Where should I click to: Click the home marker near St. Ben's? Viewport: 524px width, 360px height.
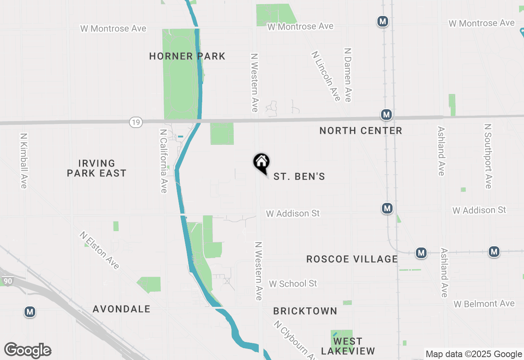pyautogui.click(x=261, y=162)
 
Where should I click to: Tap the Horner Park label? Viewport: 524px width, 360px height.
pyautogui.click(x=187, y=56)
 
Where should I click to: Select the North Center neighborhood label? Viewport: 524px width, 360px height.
pyautogui.click(x=361, y=130)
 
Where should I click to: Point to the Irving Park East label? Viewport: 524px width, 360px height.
pyautogui.click(x=97, y=168)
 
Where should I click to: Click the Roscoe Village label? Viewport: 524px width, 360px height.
pyautogui.click(x=352, y=259)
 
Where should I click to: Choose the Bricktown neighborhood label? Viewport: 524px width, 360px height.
pyautogui.click(x=305, y=311)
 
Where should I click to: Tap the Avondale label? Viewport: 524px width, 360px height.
pyautogui.click(x=122, y=309)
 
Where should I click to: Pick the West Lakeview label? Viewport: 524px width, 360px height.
pyautogui.click(x=348, y=346)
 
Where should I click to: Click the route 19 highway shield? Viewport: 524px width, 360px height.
pyautogui.click(x=136, y=122)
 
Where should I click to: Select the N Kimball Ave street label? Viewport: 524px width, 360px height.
pyautogui.click(x=23, y=160)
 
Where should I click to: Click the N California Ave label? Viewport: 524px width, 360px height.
pyautogui.click(x=163, y=161)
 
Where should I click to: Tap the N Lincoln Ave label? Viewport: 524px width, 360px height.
pyautogui.click(x=326, y=76)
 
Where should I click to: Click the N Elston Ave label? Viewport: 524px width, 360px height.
pyautogui.click(x=100, y=251)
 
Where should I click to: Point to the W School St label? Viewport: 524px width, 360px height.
pyautogui.click(x=293, y=283)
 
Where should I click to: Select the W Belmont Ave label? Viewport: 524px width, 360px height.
pyautogui.click(x=484, y=304)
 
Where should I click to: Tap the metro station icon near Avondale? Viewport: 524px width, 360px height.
pyautogui.click(x=29, y=312)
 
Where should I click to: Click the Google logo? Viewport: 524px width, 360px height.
pyautogui.click(x=28, y=350)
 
